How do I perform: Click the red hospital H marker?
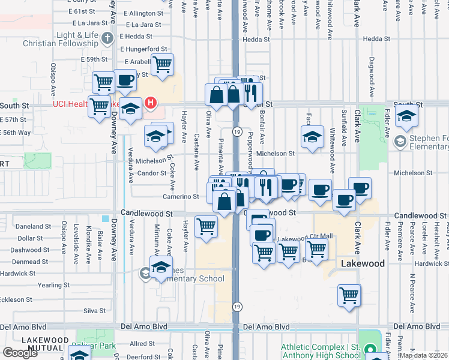tap(150, 103)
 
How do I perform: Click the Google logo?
tap(20, 353)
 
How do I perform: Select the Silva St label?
tap(95, 311)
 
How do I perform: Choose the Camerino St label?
tap(180, 196)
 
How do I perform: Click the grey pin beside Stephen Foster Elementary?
tap(400, 141)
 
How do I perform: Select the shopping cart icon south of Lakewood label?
tap(349, 295)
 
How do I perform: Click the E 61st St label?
tap(82, 11)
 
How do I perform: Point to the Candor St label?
tap(151, 173)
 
